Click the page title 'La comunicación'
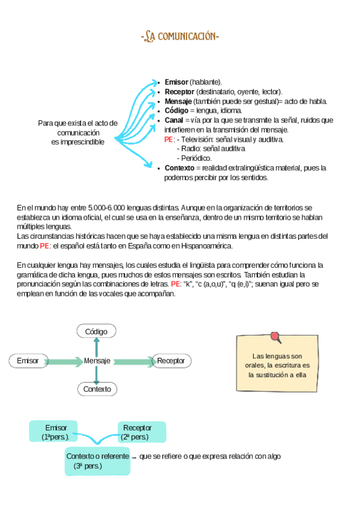pyautogui.click(x=180, y=38)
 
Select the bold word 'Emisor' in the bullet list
pyautogui.click(x=176, y=82)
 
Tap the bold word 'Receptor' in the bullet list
pyautogui.click(x=179, y=91)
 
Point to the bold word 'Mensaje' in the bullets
pyautogui.click(x=178, y=101)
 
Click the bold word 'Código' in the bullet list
pyautogui.click(x=176, y=110)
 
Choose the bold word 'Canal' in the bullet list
pyautogui.click(x=174, y=120)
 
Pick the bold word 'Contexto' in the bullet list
pyautogui.click(x=179, y=168)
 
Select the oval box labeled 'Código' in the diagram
pyautogui.click(x=97, y=331)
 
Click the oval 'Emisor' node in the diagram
pyautogui.click(x=28, y=361)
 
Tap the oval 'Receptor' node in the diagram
pyautogui.click(x=171, y=361)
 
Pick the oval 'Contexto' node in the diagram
pyautogui.click(x=97, y=389)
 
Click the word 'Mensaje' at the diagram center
pyautogui.click(x=97, y=361)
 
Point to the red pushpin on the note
pyautogui.click(x=275, y=337)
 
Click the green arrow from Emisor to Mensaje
pyautogui.click(x=64, y=361)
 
